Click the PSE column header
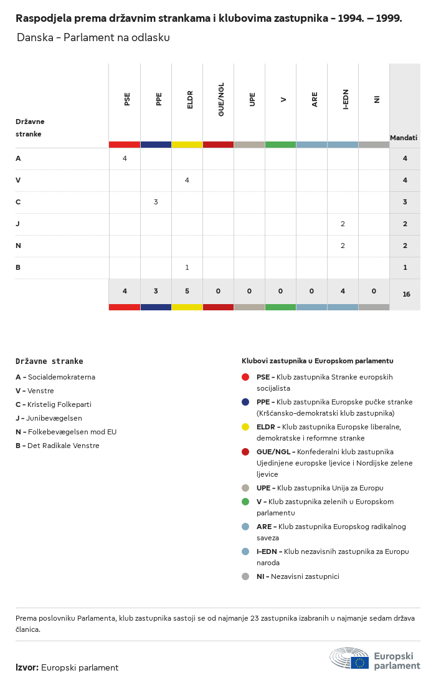[127, 99]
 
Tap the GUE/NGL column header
[221, 99]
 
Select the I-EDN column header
[346, 99]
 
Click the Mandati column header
[404, 138]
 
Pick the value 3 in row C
[156, 202]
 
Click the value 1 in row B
[187, 267]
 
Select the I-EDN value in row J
[343, 224]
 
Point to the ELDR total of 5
[187, 291]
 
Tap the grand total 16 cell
[406, 294]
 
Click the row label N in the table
[18, 246]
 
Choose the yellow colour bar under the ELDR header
[187, 145]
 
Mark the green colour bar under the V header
[280, 145]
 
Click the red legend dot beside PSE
[245, 377]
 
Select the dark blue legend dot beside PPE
[245, 402]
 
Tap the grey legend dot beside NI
[245, 576]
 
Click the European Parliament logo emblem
[349, 658]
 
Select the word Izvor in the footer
[27, 667]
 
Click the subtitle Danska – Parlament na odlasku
[93, 37]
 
